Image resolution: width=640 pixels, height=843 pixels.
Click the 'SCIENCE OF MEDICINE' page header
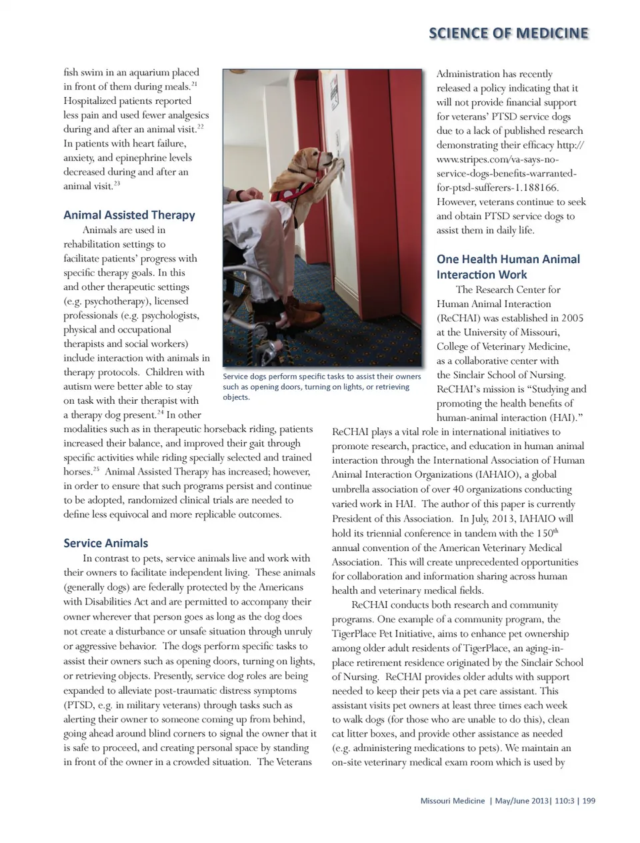click(508, 33)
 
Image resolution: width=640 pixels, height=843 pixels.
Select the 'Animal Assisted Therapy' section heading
click(129, 215)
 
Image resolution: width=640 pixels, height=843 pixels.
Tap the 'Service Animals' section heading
click(105, 543)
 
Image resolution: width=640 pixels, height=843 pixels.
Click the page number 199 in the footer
click(589, 800)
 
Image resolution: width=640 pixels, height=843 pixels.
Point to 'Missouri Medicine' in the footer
click(453, 800)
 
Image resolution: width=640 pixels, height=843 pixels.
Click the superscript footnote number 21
click(194, 84)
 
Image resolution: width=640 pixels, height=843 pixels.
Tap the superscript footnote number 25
click(96, 469)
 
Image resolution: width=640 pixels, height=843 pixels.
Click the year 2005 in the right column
click(572, 318)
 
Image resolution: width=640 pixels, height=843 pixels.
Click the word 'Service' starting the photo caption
click(236, 377)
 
